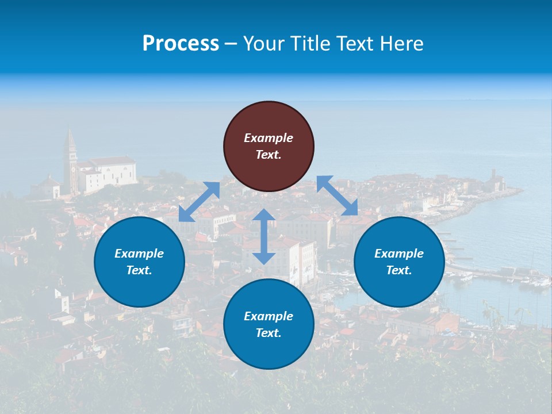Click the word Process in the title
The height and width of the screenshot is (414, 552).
181,44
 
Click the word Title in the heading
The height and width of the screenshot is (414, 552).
309,44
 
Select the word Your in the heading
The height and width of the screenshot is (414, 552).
263,44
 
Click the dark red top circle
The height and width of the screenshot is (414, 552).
269,146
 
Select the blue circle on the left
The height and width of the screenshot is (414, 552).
139,262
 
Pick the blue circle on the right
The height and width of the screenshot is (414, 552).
399,262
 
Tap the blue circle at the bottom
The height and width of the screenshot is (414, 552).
269,324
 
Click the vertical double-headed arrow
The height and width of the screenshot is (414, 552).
264,236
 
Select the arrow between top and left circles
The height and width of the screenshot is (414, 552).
200,202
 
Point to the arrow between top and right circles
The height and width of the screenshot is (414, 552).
337,195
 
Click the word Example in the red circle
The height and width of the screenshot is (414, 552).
269,138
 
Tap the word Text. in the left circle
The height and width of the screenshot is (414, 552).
139,270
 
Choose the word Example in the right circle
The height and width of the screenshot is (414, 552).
399,254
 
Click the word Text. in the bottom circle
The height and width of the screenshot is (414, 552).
269,333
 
